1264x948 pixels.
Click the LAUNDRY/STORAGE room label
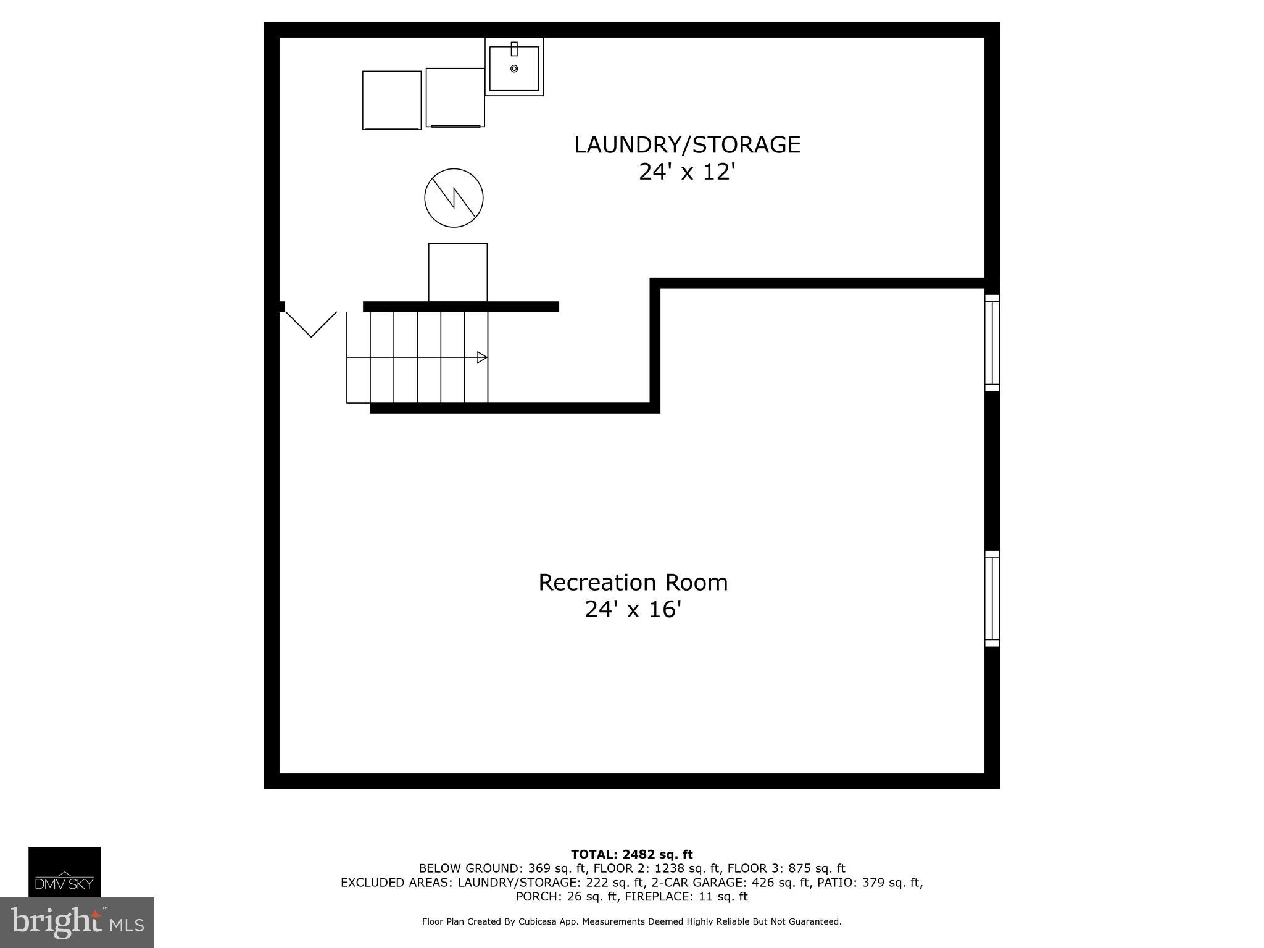(x=687, y=145)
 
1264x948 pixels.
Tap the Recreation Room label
(x=633, y=583)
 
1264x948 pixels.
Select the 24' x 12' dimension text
(x=687, y=172)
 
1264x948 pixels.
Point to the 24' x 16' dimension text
(x=633, y=610)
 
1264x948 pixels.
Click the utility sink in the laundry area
(x=514, y=67)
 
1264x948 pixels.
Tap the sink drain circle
(x=514, y=69)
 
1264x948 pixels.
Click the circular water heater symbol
(x=454, y=198)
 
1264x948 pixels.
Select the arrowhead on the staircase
(x=482, y=357)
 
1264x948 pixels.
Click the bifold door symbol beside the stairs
(x=311, y=324)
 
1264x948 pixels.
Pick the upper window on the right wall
(x=992, y=343)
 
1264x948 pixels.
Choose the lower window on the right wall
(x=992, y=598)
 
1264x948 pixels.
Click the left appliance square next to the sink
(x=392, y=100)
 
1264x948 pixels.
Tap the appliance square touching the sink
(x=455, y=98)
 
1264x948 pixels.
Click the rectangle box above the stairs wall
(x=458, y=272)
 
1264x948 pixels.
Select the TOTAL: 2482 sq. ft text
(x=631, y=855)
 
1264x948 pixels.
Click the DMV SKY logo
(x=64, y=871)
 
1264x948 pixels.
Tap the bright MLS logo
(x=77, y=922)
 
